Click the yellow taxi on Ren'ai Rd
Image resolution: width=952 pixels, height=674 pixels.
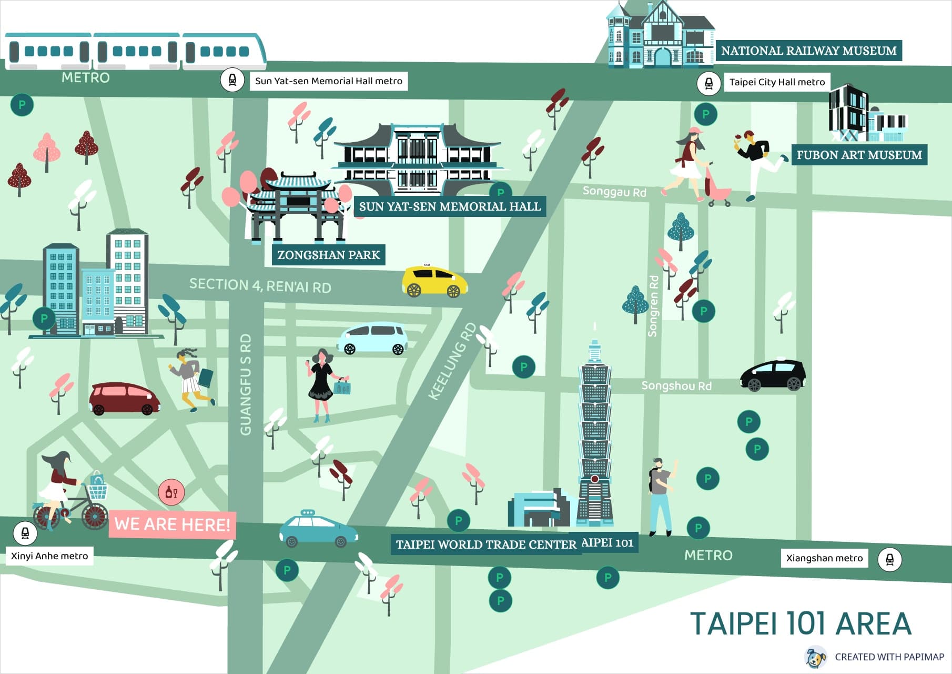tap(434, 282)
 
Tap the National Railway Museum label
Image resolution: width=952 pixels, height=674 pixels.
tap(808, 51)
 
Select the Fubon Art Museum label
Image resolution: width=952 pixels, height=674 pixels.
tap(858, 155)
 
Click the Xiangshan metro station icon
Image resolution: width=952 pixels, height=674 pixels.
tap(889, 559)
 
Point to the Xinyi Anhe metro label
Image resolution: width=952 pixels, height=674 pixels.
tap(49, 556)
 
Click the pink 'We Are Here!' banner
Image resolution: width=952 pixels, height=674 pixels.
tap(172, 524)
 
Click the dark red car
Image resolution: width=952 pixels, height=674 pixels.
tap(124, 399)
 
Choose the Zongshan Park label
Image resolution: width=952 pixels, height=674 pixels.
tap(328, 255)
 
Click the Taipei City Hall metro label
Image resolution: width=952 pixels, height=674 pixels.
tap(776, 82)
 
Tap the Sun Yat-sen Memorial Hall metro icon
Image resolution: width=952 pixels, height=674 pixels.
tap(232, 80)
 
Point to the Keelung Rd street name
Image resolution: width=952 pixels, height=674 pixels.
tap(452, 362)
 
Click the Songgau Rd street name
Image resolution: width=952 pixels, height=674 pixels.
tap(614, 192)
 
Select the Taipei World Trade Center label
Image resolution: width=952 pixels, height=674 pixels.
tap(485, 544)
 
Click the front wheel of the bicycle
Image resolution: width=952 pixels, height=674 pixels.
tap(95, 517)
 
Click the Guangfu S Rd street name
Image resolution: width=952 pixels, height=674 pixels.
tap(246, 384)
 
